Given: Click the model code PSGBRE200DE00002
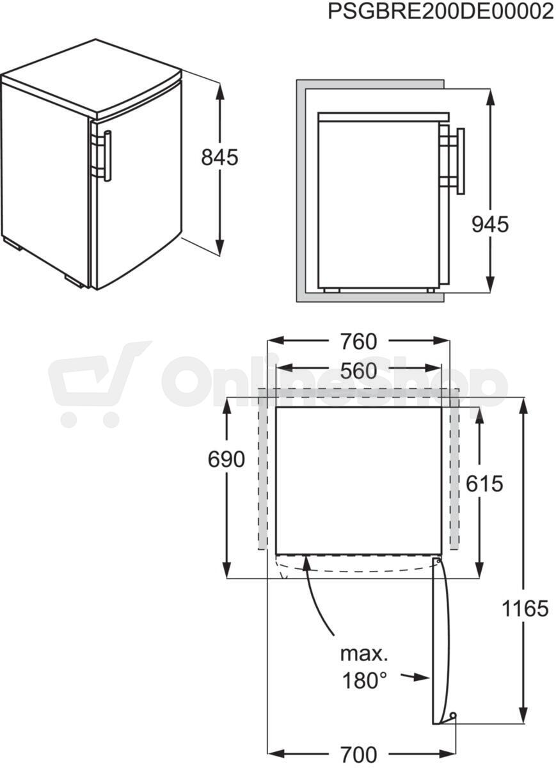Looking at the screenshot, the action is (x=441, y=12).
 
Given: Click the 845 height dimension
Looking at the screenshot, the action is (x=219, y=157).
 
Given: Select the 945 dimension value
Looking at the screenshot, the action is (x=490, y=225).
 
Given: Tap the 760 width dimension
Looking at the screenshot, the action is (x=358, y=342).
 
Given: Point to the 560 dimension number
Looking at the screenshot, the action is (x=358, y=371).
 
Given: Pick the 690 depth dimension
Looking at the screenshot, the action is (x=226, y=459).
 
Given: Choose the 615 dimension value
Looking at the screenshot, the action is (x=484, y=484).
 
